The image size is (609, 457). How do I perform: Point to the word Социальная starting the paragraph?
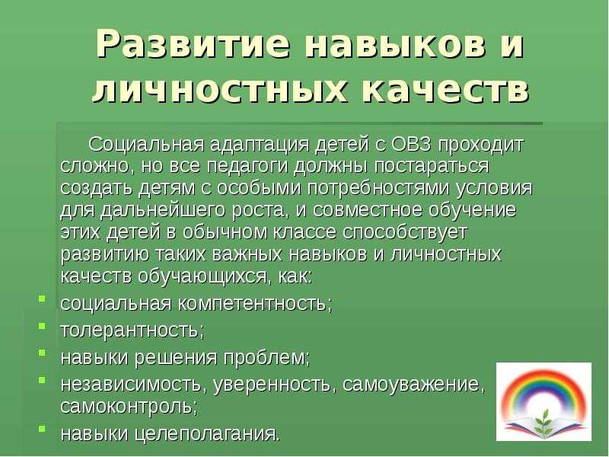click(146, 145)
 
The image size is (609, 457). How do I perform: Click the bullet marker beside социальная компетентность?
click(42, 299)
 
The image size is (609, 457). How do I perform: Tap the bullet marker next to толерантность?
click(42, 326)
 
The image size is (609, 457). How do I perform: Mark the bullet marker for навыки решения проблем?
click(42, 353)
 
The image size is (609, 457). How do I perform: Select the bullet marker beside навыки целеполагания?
click(42, 429)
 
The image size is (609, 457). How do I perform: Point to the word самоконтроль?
click(129, 407)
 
